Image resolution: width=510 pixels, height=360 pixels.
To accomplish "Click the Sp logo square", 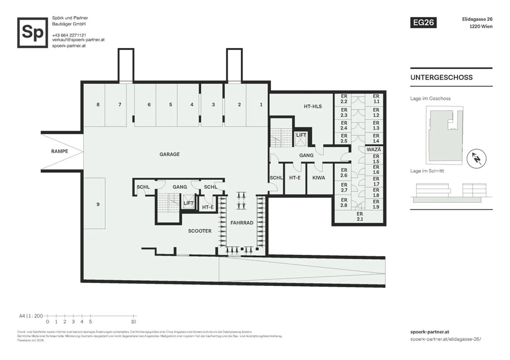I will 33,33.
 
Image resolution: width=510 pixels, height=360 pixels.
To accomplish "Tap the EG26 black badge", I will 423,22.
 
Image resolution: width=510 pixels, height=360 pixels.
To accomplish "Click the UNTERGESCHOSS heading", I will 441,77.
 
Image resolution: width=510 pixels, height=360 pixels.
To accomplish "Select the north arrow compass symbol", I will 476,159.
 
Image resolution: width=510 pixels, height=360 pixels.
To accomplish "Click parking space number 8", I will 98,105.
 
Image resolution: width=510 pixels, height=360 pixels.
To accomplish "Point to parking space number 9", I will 98,204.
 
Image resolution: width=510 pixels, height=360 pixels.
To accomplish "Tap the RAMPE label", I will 59,151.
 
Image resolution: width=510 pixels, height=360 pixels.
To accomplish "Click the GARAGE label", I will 169,154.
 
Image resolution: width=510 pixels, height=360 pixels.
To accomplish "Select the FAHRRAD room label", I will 242,223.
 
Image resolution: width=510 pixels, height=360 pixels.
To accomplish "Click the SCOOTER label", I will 200,231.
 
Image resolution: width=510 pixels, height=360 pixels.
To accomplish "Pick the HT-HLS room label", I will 313,106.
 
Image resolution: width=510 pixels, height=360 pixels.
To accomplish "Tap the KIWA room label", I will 318,178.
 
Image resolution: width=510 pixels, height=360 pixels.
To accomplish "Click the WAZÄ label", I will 374,149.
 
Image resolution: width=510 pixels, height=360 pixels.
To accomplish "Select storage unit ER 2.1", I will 360,216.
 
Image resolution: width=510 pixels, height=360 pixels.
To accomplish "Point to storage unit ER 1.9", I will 376,204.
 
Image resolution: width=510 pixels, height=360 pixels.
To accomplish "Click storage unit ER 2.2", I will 344,99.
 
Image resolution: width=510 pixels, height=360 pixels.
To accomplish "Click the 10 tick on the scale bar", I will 133,321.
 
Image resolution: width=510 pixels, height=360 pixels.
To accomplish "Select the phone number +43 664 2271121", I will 69,35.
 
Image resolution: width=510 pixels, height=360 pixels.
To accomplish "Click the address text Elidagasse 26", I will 477,19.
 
